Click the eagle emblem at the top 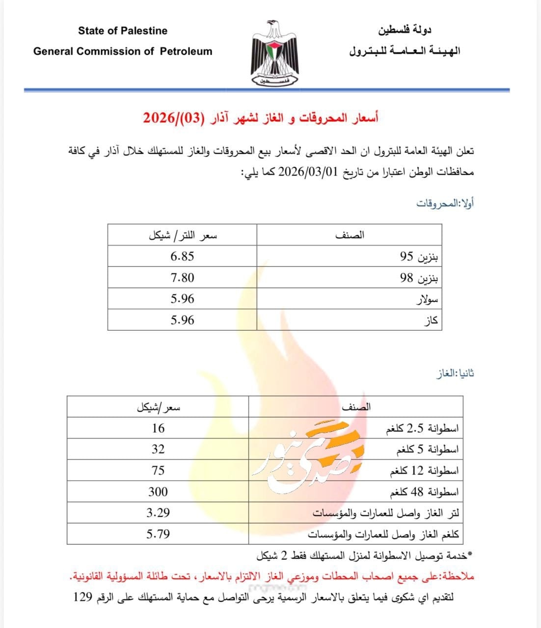pos(274,53)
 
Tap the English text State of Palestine pos(122,31)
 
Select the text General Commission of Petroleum pos(123,52)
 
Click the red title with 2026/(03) pos(261,118)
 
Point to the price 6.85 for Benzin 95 pos(182,256)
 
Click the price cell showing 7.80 pos(182,278)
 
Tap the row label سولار pos(427,299)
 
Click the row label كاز pos(430,321)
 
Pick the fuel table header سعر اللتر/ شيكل pos(183,235)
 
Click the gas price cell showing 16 pos(158,428)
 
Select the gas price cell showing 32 pos(158,449)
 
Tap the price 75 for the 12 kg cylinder pos(158,471)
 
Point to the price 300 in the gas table pos(158,492)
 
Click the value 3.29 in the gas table pos(158,513)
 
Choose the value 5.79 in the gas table pos(158,534)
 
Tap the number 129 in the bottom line pos(83,598)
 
